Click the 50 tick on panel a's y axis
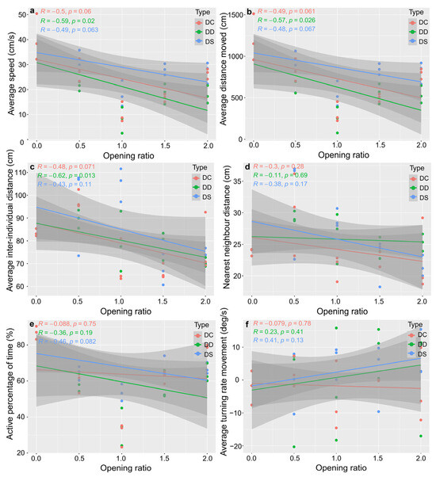(x=21, y=14)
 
